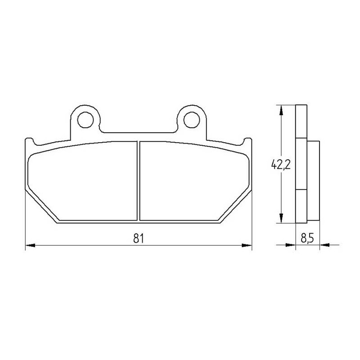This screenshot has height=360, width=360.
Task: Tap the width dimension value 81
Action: click(x=139, y=238)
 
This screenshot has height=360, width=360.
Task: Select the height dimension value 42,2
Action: click(x=281, y=164)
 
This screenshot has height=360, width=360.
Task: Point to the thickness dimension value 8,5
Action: click(x=307, y=238)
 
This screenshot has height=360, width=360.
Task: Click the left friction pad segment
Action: click(x=83, y=181)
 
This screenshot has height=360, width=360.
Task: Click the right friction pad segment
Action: click(x=194, y=181)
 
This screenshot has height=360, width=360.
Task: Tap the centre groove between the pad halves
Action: click(x=139, y=181)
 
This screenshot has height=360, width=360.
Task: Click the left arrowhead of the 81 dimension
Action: click(x=30, y=245)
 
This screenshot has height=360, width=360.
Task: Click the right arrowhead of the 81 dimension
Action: click(x=247, y=245)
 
